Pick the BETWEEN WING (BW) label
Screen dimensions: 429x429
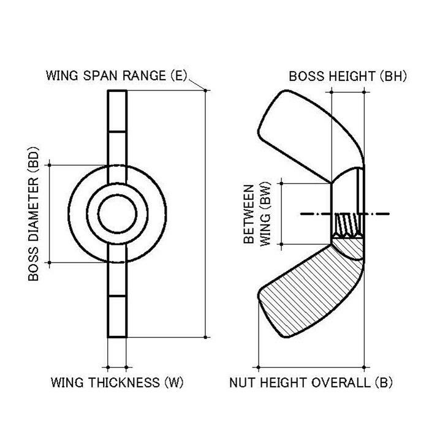[x=257, y=213]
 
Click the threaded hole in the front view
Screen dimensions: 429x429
[x=117, y=214]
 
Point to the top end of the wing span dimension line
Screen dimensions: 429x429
[x=205, y=91]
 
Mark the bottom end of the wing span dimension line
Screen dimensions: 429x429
[x=205, y=337]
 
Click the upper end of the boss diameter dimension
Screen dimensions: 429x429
[x=49, y=165]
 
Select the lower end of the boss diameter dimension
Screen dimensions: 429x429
[x=49, y=263]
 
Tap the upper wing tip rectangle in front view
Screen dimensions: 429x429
[x=117, y=110]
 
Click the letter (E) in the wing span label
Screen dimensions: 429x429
[x=177, y=76]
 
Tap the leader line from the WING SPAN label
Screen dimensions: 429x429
[x=196, y=83]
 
